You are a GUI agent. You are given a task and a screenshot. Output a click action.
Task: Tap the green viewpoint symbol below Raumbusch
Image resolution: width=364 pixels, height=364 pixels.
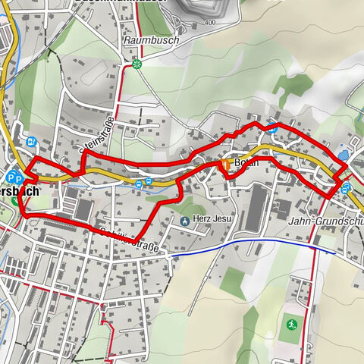136,64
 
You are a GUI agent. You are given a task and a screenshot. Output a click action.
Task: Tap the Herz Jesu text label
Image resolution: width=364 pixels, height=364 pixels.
212,221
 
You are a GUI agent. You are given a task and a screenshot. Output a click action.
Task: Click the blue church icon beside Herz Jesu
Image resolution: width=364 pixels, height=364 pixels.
185,221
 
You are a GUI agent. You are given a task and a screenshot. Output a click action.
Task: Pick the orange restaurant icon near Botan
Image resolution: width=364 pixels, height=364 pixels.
225,164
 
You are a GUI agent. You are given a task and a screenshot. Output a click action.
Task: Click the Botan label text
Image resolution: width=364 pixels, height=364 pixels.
246,163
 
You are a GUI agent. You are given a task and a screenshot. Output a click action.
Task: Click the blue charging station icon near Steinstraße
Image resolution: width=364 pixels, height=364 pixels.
31,141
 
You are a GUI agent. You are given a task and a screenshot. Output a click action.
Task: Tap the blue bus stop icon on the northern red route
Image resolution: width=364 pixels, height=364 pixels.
271,128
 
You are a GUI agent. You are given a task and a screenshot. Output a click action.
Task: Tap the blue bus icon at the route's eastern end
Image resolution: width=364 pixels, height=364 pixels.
347,188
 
